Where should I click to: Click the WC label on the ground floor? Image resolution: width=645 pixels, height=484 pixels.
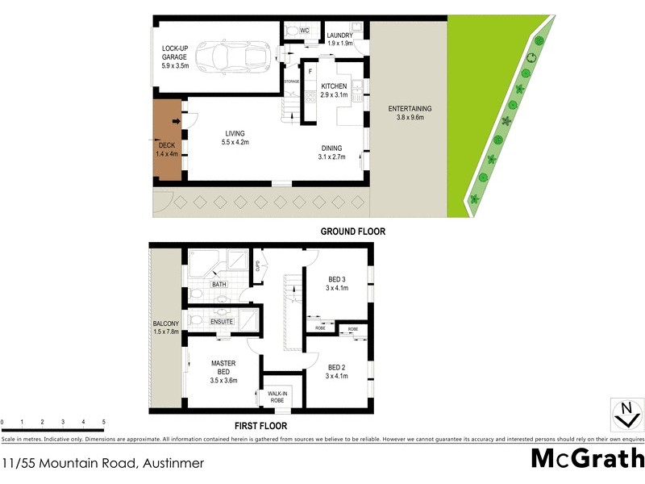click(304, 31)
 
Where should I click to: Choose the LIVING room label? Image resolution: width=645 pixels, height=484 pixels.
click(235, 138)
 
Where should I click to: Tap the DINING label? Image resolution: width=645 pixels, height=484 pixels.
click(331, 152)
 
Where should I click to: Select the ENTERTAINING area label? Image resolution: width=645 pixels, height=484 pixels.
click(410, 113)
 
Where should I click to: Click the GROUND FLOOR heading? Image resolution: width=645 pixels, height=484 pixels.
click(353, 232)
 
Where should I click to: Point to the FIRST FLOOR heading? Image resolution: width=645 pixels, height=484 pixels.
click(259, 426)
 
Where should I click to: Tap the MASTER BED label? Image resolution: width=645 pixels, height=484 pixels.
click(223, 370)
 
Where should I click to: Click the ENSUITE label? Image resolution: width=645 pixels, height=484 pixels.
click(222, 322)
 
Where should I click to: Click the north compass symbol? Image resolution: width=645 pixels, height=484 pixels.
click(625, 414)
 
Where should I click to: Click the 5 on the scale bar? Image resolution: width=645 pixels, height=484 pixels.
click(104, 422)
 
